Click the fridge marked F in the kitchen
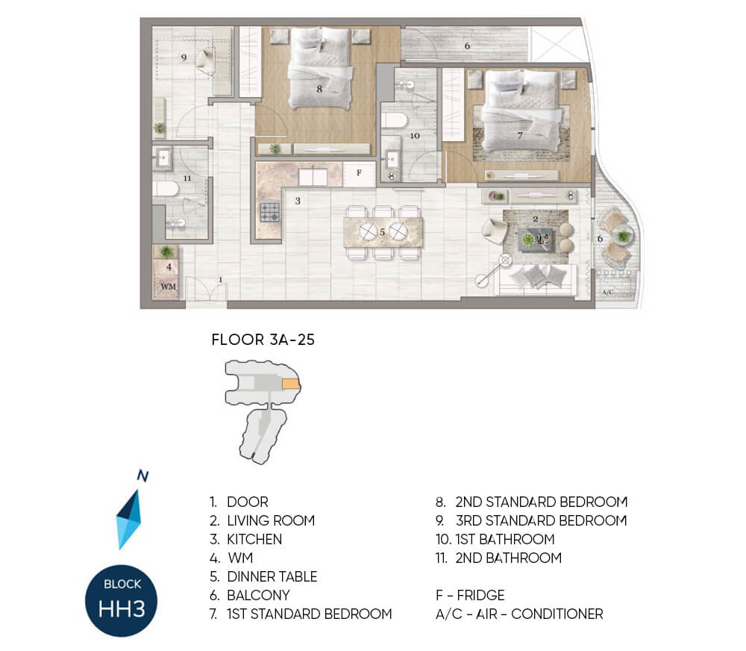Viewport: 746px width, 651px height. click(360, 173)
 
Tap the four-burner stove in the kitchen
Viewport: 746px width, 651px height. click(270, 213)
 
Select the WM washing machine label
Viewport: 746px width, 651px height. click(169, 287)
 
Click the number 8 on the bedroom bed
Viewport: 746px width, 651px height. click(319, 89)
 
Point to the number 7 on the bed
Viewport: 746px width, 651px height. click(520, 136)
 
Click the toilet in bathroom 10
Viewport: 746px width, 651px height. click(395, 120)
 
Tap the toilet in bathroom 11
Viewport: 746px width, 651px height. click(166, 189)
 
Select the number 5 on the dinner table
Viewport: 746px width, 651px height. click(382, 232)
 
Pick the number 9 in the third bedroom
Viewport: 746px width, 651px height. click(184, 57)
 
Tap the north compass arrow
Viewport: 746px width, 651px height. click(129, 519)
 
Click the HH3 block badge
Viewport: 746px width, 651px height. click(122, 600)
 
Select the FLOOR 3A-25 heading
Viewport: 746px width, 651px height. click(263, 340)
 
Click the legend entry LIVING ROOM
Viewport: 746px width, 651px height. click(271, 520)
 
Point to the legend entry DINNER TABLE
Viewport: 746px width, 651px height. click(272, 576)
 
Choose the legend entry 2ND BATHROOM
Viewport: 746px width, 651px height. click(508, 558)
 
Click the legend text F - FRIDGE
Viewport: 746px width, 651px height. click(470, 595)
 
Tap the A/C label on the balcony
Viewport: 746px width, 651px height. click(607, 292)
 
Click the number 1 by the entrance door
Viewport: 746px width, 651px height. click(220, 279)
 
